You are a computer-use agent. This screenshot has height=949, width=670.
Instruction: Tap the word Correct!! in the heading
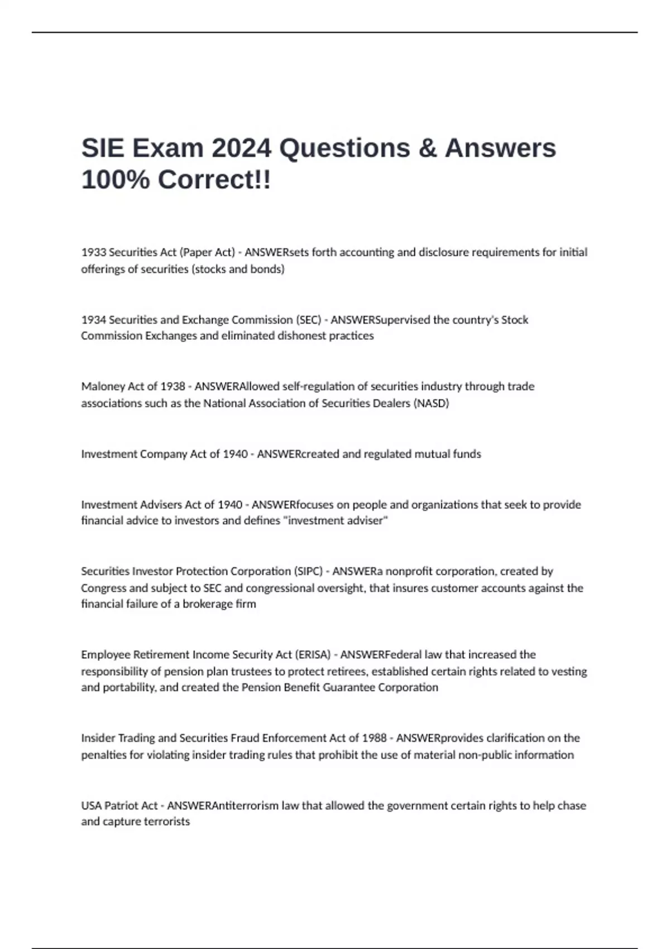pos(214,180)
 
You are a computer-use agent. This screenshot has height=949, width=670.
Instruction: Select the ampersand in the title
pos(426,148)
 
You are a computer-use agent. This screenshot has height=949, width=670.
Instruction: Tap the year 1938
pos(173,386)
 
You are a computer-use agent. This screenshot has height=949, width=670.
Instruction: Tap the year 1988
pos(374,738)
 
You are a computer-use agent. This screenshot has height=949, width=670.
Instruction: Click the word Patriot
pos(122,806)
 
